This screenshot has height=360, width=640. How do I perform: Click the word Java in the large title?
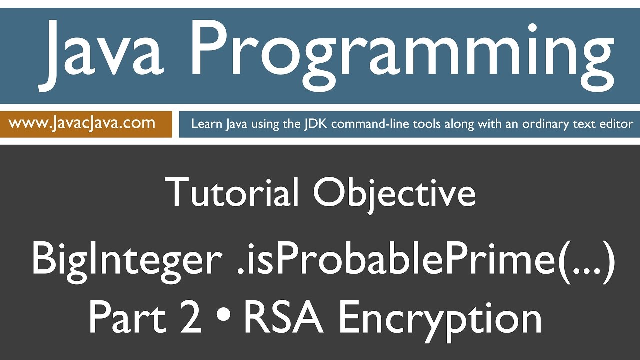[x=102, y=54]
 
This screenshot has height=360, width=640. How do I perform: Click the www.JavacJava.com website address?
[x=82, y=123]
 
